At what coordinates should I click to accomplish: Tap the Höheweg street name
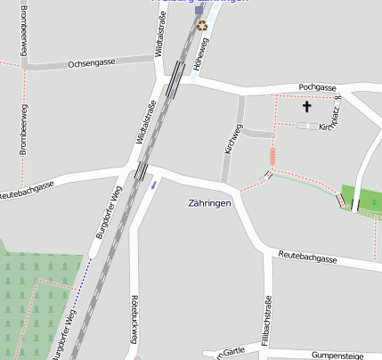[x=205, y=53]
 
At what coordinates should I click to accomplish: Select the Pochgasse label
[x=317, y=87]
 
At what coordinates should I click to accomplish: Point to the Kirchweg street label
[x=233, y=140]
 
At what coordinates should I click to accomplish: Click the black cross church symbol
[x=307, y=107]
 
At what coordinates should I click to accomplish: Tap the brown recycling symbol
[x=202, y=26]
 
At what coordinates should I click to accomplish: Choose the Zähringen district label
[x=210, y=203]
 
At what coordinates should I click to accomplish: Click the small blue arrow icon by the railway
[x=154, y=184]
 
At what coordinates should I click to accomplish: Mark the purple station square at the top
[x=199, y=11]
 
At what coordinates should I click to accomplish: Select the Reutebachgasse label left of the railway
[x=27, y=189]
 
